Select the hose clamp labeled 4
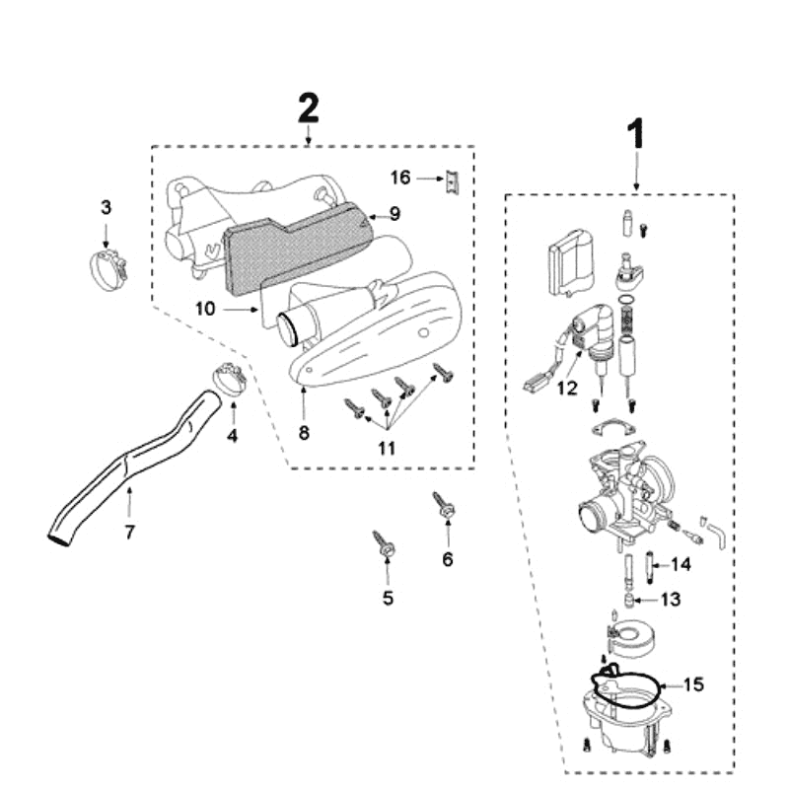tap(228, 379)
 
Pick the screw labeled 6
tap(444, 507)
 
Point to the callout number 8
tap(304, 434)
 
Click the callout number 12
tap(566, 389)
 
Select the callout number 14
tap(681, 565)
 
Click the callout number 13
tap(670, 599)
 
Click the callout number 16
tap(399, 178)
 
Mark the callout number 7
tap(129, 533)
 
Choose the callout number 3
tap(107, 207)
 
